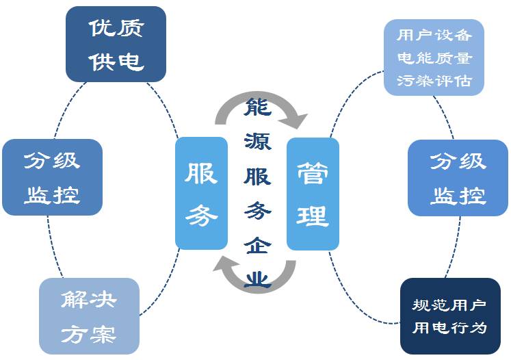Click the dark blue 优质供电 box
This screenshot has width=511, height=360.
116,44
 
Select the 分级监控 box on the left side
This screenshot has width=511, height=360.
52,177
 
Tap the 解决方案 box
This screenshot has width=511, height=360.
89,316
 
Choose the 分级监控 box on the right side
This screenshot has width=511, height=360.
458,178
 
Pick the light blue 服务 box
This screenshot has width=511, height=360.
201,193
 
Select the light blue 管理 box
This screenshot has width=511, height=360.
313,194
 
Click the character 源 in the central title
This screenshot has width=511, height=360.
257,141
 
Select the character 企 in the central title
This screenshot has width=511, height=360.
257,245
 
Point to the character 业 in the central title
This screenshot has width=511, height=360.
258,277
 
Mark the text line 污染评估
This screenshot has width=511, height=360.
434,80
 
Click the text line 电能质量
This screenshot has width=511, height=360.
434,57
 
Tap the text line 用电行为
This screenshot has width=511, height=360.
449,327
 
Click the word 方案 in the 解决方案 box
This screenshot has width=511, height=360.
89,334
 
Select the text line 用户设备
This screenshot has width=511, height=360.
434,34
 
